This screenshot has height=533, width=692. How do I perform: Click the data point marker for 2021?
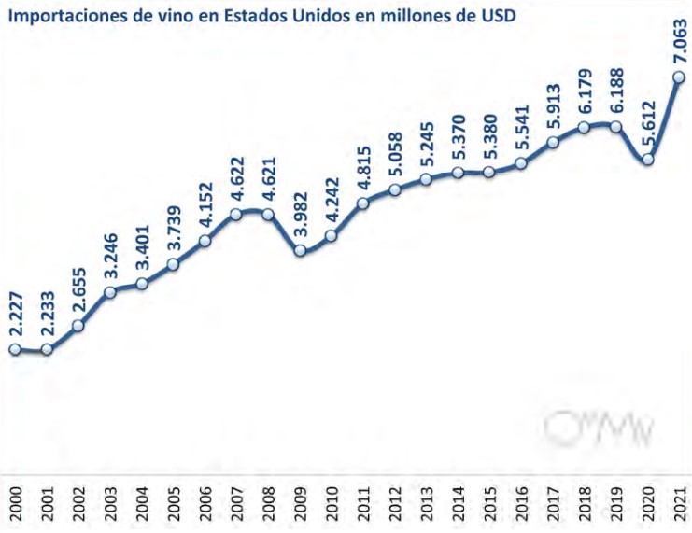(x=679, y=77)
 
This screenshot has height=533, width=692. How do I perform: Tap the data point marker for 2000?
(x=15, y=349)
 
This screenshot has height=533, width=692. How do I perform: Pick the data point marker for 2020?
(x=647, y=160)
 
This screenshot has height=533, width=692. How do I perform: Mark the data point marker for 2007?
(x=236, y=214)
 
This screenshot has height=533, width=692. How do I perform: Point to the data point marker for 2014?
(x=458, y=173)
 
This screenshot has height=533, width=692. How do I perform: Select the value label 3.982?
(x=300, y=211)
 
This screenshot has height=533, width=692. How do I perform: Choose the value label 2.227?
(x=15, y=310)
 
